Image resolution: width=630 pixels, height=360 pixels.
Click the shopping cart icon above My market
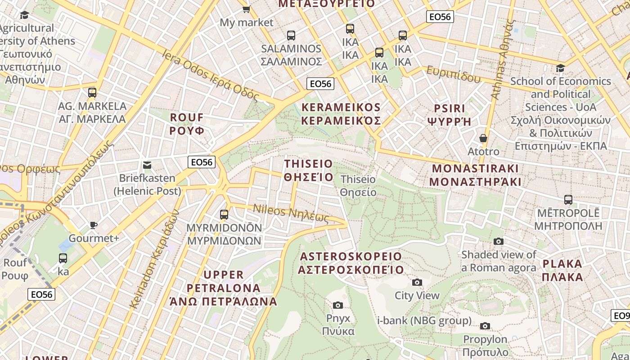(x=246, y=9)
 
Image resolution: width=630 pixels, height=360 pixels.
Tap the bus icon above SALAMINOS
(x=291, y=35)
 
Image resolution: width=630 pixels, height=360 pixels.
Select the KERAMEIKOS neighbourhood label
(x=341, y=113)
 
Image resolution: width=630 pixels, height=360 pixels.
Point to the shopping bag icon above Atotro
(x=483, y=138)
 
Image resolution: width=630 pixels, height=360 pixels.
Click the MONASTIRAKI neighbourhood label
(x=476, y=175)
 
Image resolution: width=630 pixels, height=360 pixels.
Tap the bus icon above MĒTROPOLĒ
(x=568, y=199)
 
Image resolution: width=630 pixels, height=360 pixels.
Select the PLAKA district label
(x=562, y=270)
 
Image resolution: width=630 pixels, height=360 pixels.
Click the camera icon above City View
(x=417, y=282)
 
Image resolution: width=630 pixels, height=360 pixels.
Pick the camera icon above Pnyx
(x=338, y=306)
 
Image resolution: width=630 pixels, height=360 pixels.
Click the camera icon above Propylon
(x=485, y=326)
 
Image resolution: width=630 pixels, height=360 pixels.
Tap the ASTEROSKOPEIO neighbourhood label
(x=351, y=263)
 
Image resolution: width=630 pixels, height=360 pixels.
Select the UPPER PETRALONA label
(x=224, y=288)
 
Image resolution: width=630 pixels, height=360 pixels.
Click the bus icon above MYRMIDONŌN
(x=224, y=214)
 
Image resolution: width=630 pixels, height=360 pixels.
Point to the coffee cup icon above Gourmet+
(x=94, y=225)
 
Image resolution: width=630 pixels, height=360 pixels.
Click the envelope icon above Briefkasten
(x=147, y=165)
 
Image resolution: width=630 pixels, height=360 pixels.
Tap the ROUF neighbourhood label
(x=187, y=124)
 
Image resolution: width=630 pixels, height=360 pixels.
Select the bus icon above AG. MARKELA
(x=92, y=93)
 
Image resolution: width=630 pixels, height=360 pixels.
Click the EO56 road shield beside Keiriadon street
(x=202, y=162)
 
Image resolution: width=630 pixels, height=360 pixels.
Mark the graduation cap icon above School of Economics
(x=560, y=68)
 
